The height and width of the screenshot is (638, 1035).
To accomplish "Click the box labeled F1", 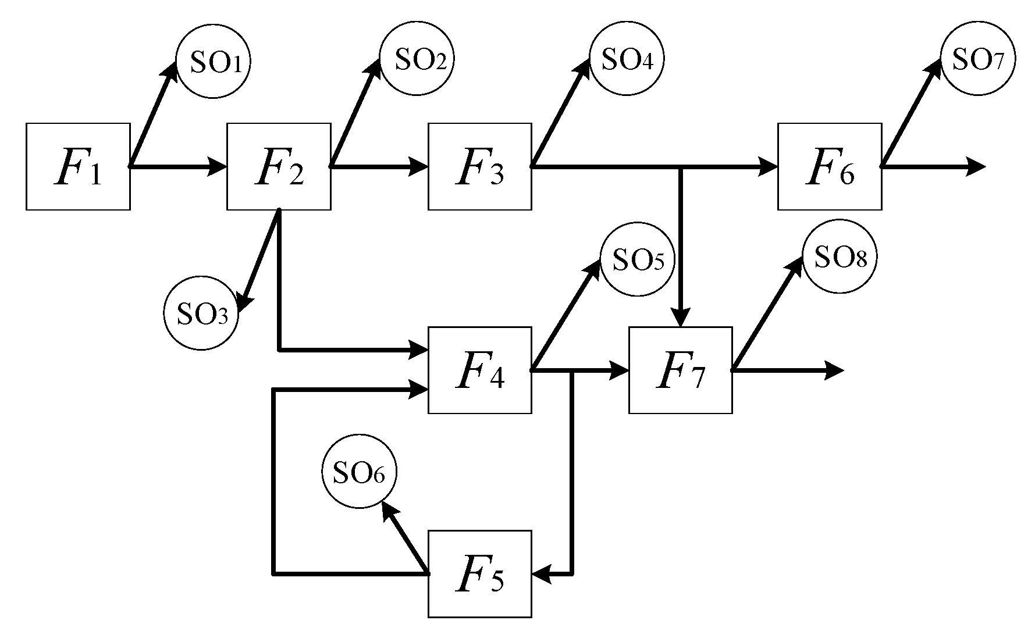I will pos(78,166).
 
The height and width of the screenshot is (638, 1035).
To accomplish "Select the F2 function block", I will pos(279,166).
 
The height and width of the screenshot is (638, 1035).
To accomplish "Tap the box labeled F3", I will pos(479,166).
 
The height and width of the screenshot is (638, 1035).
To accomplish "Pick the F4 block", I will pos(479,370).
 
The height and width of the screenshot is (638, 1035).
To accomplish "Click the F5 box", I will pos(479,573).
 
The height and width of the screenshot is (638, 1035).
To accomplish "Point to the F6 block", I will pos(830,166).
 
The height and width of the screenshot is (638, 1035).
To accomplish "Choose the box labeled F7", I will pos(680,370).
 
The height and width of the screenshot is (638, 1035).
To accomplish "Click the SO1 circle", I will pos(213,63).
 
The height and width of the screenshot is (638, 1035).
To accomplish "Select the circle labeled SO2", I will pos(417,59).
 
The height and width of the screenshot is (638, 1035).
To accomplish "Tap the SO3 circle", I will pos(201,313).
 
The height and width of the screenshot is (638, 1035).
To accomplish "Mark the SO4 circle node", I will pos(627,59).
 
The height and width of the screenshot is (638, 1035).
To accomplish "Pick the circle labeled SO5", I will pos(637,259).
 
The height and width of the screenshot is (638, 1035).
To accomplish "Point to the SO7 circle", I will pos(978,59).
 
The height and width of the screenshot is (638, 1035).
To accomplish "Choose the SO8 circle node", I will pos(840,256).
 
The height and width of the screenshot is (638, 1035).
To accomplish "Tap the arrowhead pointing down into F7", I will pos(681,318).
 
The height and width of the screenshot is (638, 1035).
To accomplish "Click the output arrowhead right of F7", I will pos(834,370).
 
